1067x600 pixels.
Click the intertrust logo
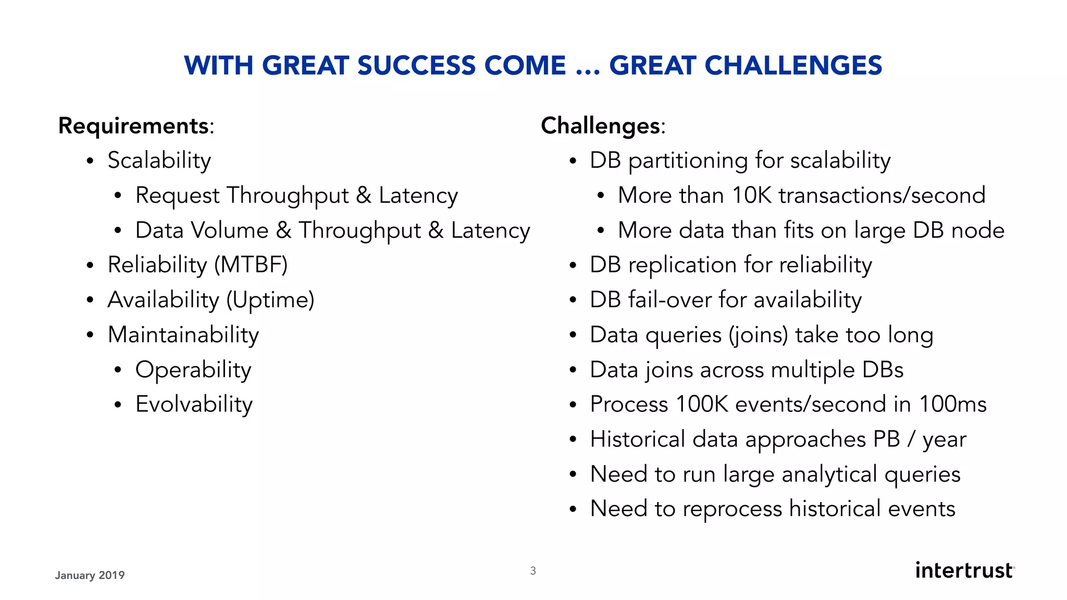(x=964, y=570)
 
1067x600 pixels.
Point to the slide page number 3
(x=533, y=571)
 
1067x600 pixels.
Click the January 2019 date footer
(x=90, y=576)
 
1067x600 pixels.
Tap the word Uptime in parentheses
(x=270, y=300)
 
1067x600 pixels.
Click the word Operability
(x=193, y=370)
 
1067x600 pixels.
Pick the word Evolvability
(x=194, y=405)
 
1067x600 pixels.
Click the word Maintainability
(x=183, y=335)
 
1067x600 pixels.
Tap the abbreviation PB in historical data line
(x=886, y=440)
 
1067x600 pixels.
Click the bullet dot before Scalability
(x=90, y=161)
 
